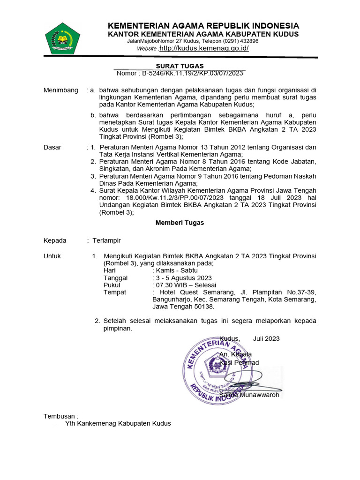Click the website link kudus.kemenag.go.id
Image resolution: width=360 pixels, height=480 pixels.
204,48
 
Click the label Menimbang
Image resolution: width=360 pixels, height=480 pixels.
61,90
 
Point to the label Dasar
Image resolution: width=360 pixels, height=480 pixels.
52,147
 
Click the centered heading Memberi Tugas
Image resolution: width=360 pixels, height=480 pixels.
180,223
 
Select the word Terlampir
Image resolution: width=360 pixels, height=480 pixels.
106,240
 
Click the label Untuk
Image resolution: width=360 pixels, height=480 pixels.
52,256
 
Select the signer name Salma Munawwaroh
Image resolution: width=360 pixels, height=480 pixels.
249,395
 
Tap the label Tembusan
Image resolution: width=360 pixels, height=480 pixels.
60,416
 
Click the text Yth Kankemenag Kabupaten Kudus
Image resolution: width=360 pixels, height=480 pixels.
118,423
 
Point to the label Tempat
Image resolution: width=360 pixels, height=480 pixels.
114,292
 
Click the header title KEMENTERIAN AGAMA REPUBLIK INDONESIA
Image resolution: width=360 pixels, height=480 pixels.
203,25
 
